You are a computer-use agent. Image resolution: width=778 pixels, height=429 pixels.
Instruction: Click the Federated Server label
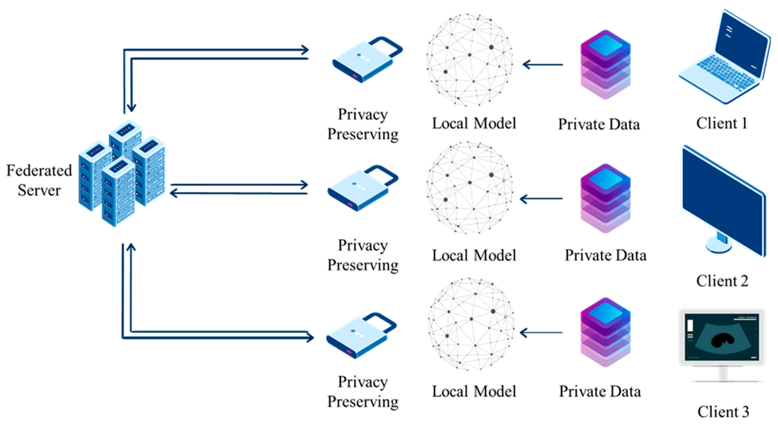point(39,180)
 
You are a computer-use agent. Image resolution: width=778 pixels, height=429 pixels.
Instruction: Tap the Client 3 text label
point(723,412)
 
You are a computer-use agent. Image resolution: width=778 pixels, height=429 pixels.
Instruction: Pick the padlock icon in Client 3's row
point(361,336)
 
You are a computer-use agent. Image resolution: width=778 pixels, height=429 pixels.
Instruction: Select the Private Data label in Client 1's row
point(599,125)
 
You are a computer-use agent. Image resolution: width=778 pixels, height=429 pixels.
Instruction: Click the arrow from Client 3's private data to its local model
point(541,333)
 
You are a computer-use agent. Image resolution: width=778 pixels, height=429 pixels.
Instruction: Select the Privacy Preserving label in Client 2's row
point(363,255)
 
